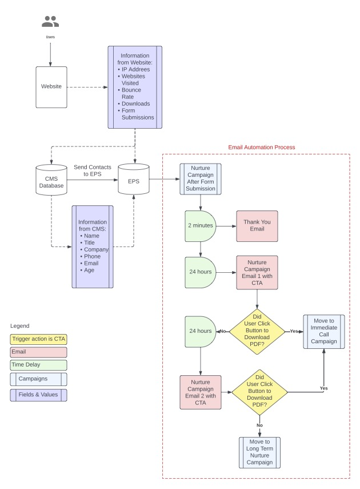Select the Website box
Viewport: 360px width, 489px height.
[x=51, y=88]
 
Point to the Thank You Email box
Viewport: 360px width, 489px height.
[x=257, y=225]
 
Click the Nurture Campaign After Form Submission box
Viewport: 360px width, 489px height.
[x=201, y=180]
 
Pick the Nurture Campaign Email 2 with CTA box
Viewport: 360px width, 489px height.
[x=201, y=392]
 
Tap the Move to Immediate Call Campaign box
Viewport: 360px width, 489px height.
[x=323, y=331]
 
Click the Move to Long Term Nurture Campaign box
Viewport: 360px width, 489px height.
[x=259, y=452]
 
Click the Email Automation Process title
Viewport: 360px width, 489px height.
[x=262, y=147]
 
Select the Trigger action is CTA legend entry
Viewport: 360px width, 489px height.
[x=38, y=338]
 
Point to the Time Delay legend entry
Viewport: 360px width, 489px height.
[x=38, y=365]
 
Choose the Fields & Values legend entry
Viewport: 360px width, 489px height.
[x=38, y=395]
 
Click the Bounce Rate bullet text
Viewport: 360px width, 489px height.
[x=131, y=94]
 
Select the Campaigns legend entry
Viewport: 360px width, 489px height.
[x=38, y=379]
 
